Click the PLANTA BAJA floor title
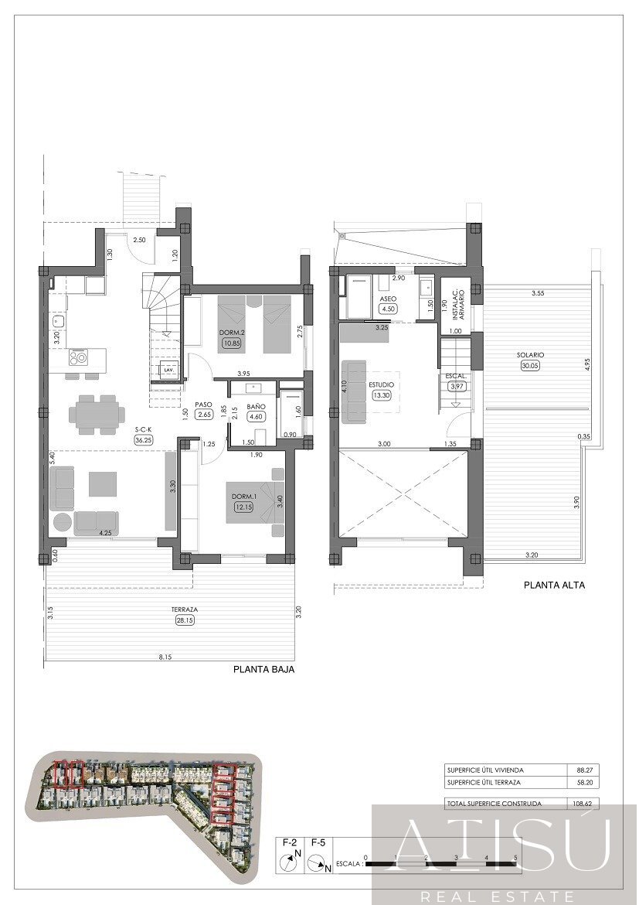(x=263, y=671)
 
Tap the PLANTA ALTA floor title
(x=554, y=585)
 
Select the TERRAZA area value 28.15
(x=181, y=620)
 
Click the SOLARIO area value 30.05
(x=531, y=367)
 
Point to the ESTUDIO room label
(x=381, y=384)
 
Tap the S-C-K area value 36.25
(x=143, y=440)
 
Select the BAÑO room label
(x=257, y=405)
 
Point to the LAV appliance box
(x=168, y=371)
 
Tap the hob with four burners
(x=78, y=357)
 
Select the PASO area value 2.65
(x=204, y=415)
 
